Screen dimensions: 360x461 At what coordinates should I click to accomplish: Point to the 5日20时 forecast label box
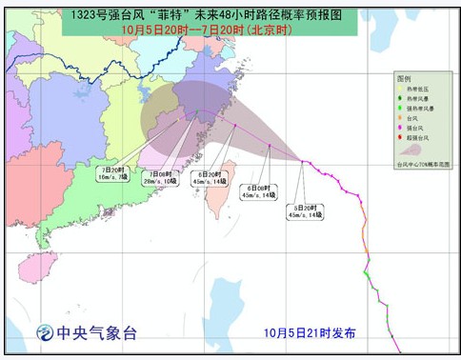tap(306, 211)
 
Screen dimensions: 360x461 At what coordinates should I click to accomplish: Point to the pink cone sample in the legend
tap(412, 152)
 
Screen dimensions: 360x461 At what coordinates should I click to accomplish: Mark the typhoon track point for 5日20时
tap(303, 162)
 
